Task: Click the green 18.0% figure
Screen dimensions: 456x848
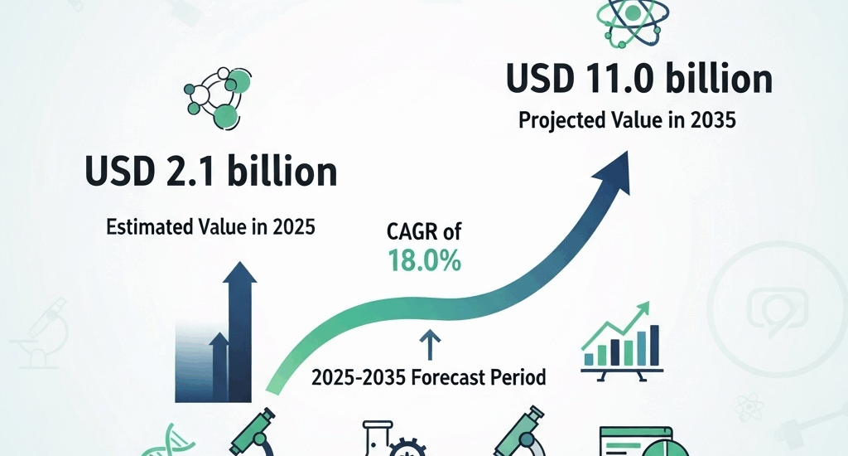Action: pos(424,262)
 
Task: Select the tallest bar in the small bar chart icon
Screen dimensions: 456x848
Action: pos(654,344)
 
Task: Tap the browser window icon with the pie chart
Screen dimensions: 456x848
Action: pos(637,442)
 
